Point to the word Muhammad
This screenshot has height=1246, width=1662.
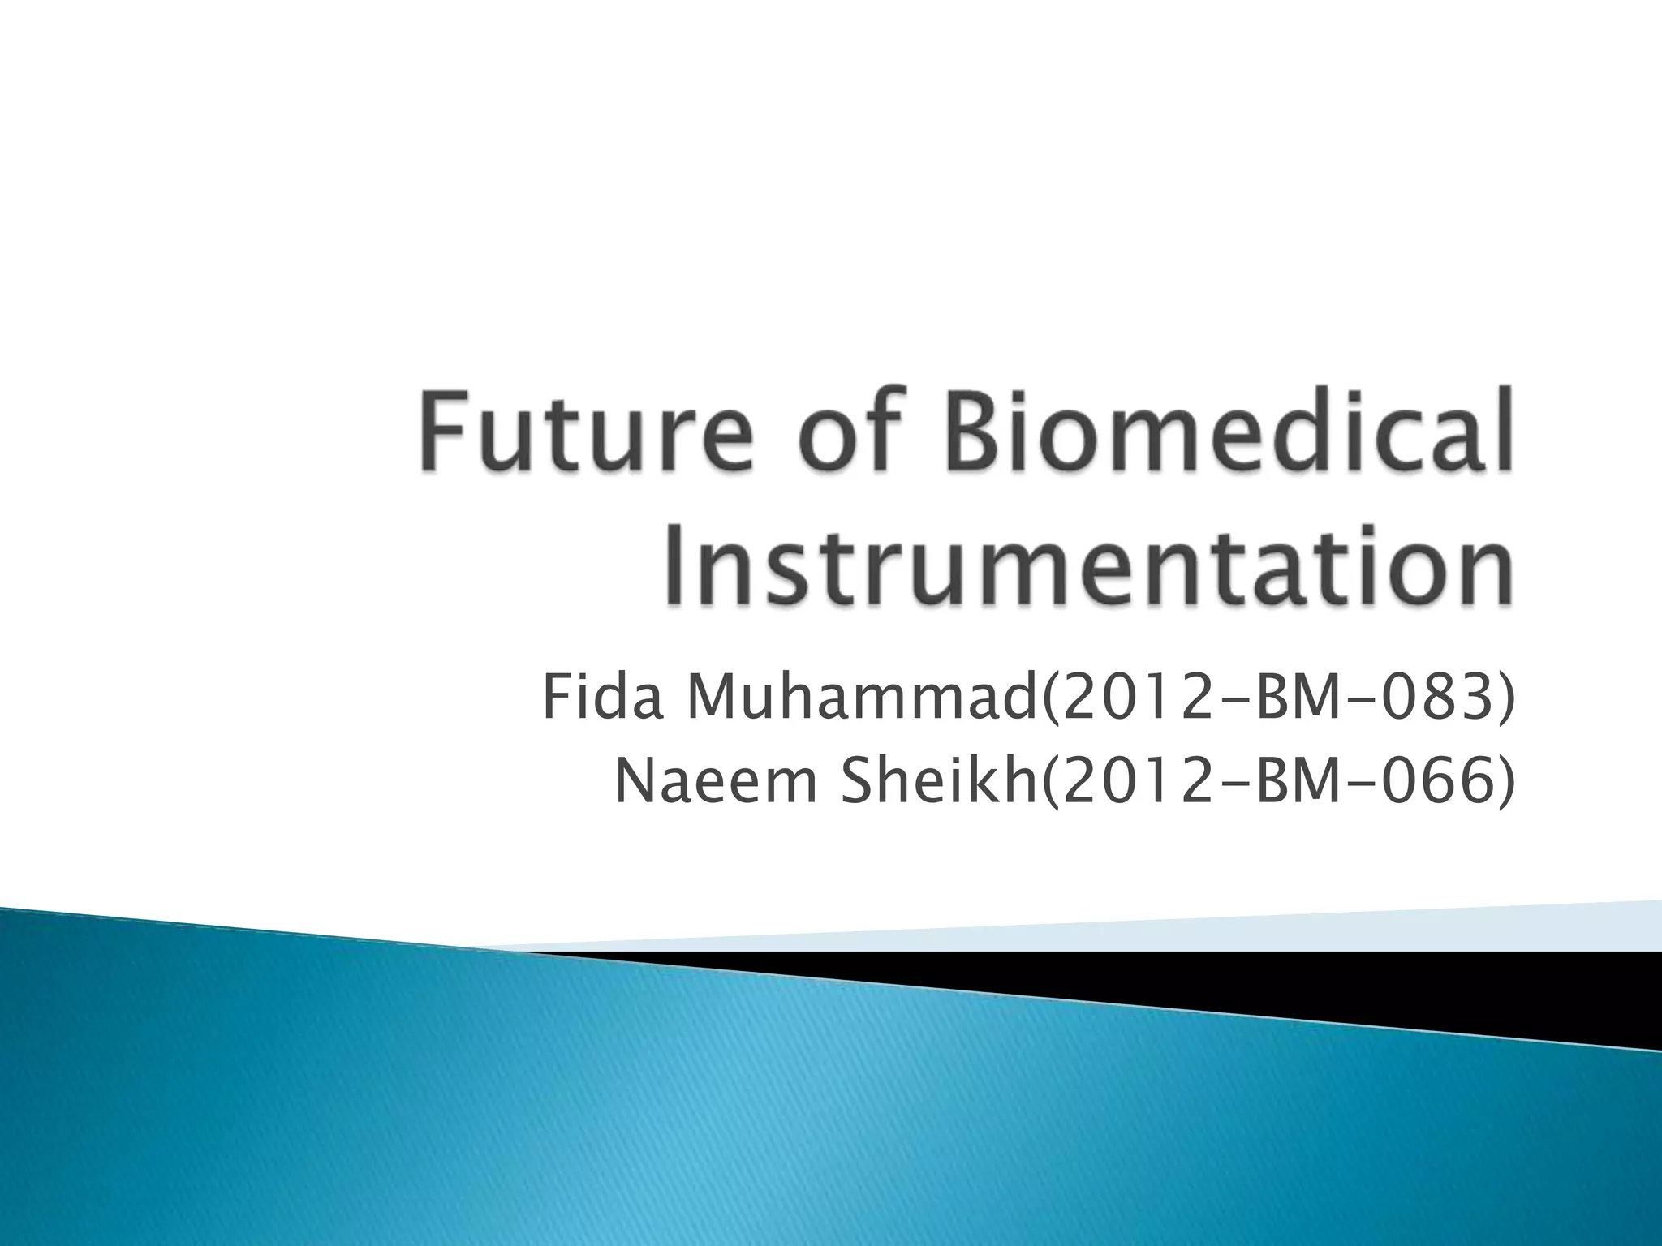[x=860, y=698]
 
